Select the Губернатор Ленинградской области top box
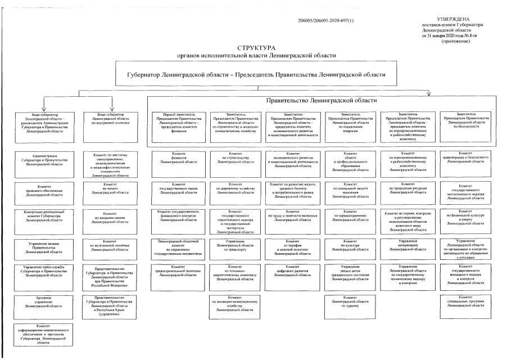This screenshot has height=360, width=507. (x=256, y=75)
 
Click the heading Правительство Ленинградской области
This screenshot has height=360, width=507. (x=322, y=100)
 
